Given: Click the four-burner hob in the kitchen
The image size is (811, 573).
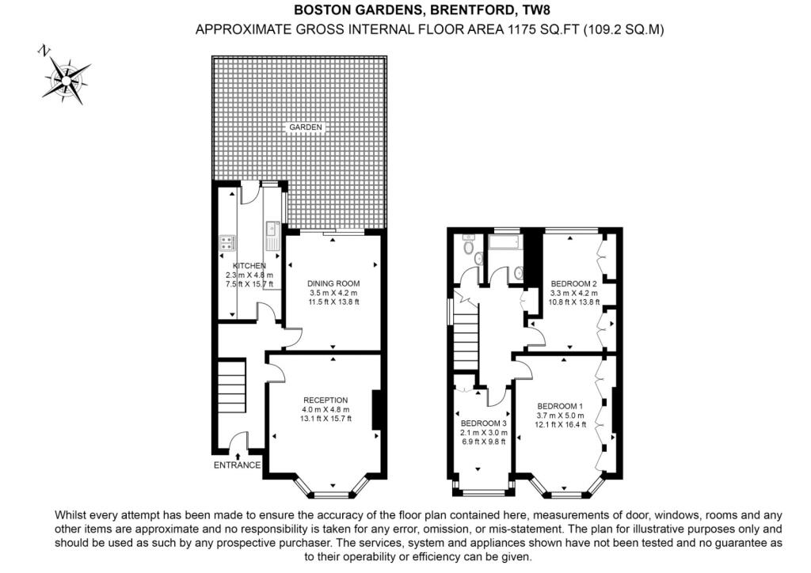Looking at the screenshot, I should click(225, 242).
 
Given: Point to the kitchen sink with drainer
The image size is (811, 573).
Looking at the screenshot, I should click(273, 236).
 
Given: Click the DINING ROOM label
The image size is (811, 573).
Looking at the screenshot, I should click(333, 283).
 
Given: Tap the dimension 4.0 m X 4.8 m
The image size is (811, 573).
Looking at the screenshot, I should click(325, 408).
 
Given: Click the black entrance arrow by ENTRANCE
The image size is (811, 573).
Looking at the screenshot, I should click(238, 453).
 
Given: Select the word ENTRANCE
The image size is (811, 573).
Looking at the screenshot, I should click(237, 465).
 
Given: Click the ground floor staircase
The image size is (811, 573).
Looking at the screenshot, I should click(232, 385).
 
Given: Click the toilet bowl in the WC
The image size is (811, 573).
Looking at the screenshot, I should click(468, 255).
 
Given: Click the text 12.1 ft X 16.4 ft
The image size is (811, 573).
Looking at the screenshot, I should click(561, 424).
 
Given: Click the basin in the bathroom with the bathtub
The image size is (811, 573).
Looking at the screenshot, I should click(519, 271).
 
